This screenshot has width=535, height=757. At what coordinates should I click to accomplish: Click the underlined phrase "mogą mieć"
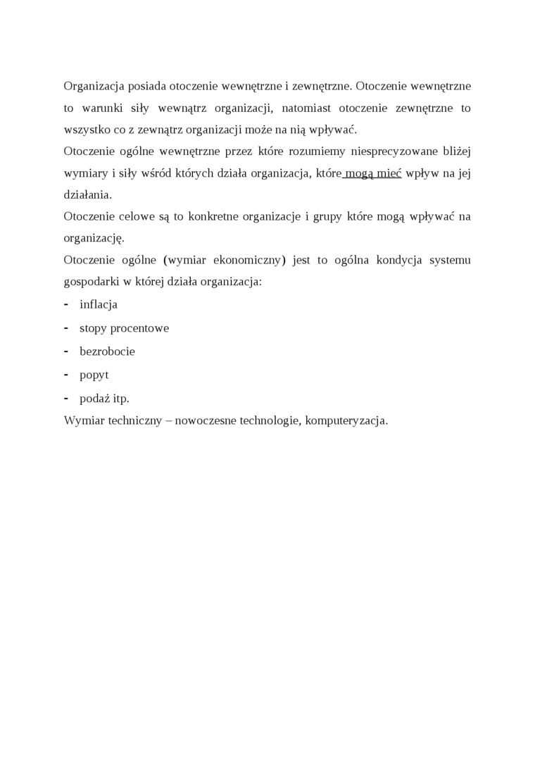tap(372, 173)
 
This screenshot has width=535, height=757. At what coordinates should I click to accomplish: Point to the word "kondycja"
tap(389, 260)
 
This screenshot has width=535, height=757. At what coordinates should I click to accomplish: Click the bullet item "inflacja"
tap(99, 304)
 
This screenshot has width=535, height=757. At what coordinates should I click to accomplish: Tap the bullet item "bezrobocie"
tap(107, 351)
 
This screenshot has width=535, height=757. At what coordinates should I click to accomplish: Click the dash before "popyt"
tap(66, 375)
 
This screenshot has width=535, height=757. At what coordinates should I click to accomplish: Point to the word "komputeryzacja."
tap(346, 420)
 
